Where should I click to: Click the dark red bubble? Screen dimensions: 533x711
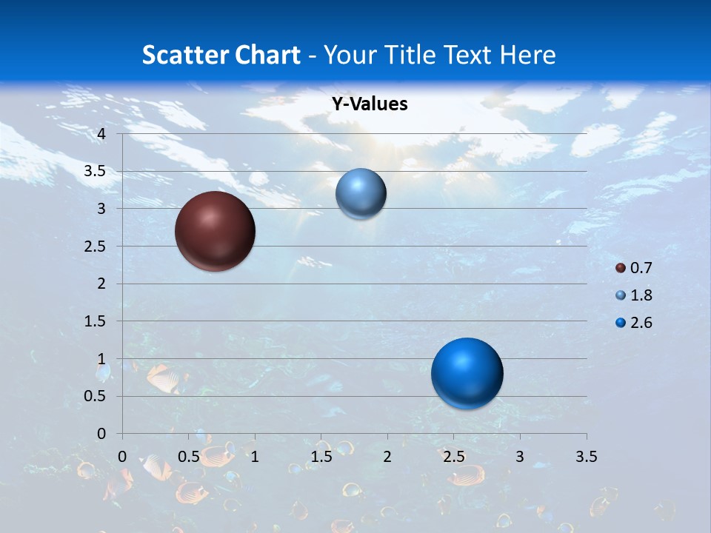[x=215, y=231]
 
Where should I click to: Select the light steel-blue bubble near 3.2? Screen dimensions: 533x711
[x=361, y=194]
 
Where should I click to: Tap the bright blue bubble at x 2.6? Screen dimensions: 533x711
[x=467, y=373]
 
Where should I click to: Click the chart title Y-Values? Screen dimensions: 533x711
[x=369, y=104]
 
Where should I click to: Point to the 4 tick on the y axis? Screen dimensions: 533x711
[x=101, y=134]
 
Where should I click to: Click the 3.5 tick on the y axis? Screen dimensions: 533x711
[x=96, y=171]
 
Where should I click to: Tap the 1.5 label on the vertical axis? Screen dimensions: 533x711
[x=96, y=321]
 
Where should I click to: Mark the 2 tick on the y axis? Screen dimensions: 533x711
[x=101, y=284]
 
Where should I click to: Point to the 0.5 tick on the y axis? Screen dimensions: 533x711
[x=96, y=396]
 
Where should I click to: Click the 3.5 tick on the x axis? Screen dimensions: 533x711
[x=586, y=457]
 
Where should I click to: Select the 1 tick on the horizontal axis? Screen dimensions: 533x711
[x=255, y=457]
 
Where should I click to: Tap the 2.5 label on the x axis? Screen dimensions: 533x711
[x=453, y=457]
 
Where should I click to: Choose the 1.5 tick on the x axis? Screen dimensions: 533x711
[x=321, y=457]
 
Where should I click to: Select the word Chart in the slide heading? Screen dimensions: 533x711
[x=267, y=55]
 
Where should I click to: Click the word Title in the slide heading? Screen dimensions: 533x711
[x=410, y=55]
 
